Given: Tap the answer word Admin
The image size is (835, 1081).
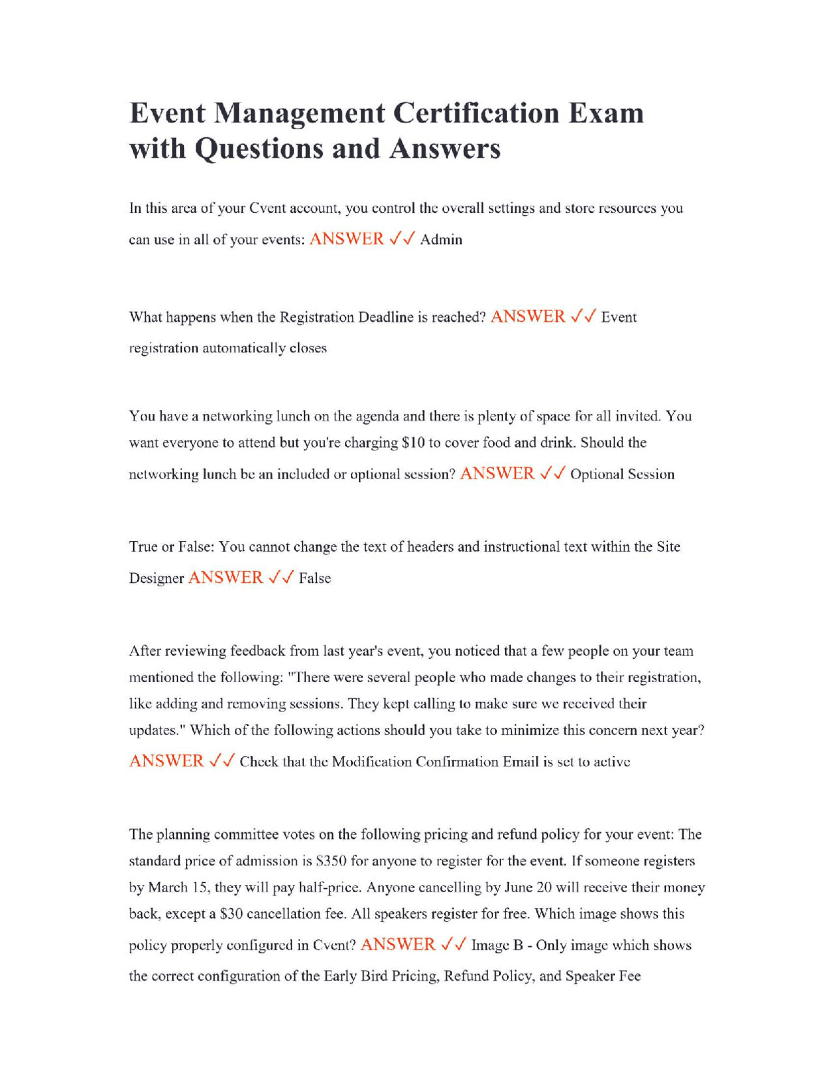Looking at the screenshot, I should [x=441, y=240].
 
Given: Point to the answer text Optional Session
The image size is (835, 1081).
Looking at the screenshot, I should [x=622, y=475].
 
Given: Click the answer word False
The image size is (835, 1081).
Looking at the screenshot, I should [x=314, y=578].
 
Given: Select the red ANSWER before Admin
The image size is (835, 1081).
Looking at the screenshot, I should [x=346, y=239].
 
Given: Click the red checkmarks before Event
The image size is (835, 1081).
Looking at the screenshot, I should [x=583, y=317].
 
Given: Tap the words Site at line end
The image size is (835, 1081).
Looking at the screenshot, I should [x=668, y=546].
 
